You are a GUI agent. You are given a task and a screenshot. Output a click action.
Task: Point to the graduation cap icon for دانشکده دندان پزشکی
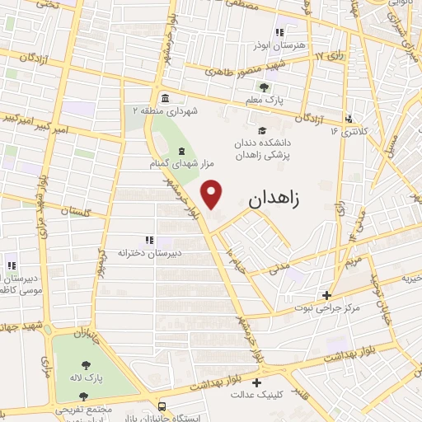click(x=262, y=131)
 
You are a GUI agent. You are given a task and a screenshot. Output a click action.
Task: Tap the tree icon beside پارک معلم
click(x=264, y=87)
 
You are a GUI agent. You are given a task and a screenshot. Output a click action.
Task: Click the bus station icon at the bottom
click(x=162, y=406)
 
